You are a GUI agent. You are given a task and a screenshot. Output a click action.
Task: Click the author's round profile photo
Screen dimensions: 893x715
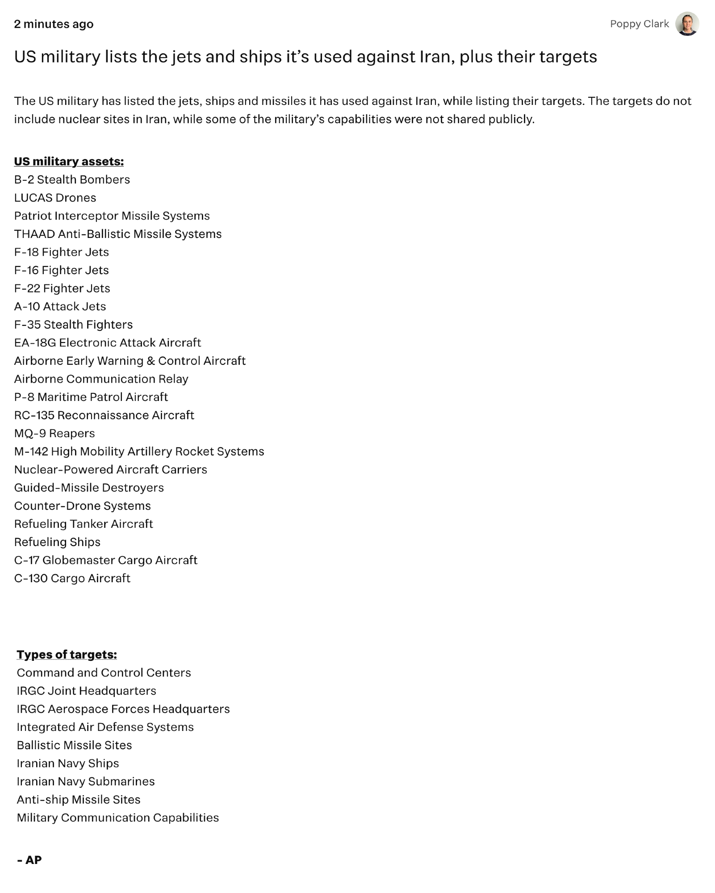687,24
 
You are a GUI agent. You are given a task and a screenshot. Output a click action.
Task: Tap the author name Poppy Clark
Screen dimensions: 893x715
639,24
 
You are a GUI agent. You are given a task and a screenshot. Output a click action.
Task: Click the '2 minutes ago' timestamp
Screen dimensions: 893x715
54,24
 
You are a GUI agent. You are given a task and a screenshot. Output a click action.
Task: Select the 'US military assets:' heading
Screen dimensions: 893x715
69,161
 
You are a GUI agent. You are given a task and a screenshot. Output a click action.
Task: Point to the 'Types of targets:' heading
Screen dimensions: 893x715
67,654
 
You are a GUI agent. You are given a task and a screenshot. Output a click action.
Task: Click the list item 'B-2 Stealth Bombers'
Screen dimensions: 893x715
72,179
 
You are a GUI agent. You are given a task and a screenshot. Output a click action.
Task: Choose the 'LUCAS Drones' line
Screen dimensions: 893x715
55,197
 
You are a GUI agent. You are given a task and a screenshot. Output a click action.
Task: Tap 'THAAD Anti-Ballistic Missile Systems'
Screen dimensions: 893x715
118,234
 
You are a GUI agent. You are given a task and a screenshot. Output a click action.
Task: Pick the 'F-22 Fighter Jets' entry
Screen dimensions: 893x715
62,288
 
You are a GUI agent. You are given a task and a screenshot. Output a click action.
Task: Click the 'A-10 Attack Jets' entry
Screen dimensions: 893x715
60,306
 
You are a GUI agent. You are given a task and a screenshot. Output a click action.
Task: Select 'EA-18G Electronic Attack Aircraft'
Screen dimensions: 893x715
108,342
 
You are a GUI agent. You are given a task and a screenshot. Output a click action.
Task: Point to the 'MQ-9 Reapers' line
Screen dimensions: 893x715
54,433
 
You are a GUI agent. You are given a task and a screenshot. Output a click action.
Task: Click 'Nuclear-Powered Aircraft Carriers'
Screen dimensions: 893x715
111,469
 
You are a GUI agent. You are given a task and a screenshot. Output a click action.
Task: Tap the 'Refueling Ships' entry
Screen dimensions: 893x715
57,542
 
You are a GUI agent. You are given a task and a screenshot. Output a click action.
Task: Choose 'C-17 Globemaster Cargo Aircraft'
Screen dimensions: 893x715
106,560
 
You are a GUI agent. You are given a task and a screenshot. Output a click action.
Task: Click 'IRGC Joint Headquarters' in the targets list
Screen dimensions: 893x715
87,691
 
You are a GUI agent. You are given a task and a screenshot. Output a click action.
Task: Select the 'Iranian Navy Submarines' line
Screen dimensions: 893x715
86,781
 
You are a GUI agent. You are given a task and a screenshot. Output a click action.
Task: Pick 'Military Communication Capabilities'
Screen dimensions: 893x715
118,818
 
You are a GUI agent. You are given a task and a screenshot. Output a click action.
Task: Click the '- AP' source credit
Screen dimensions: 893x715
29,860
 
